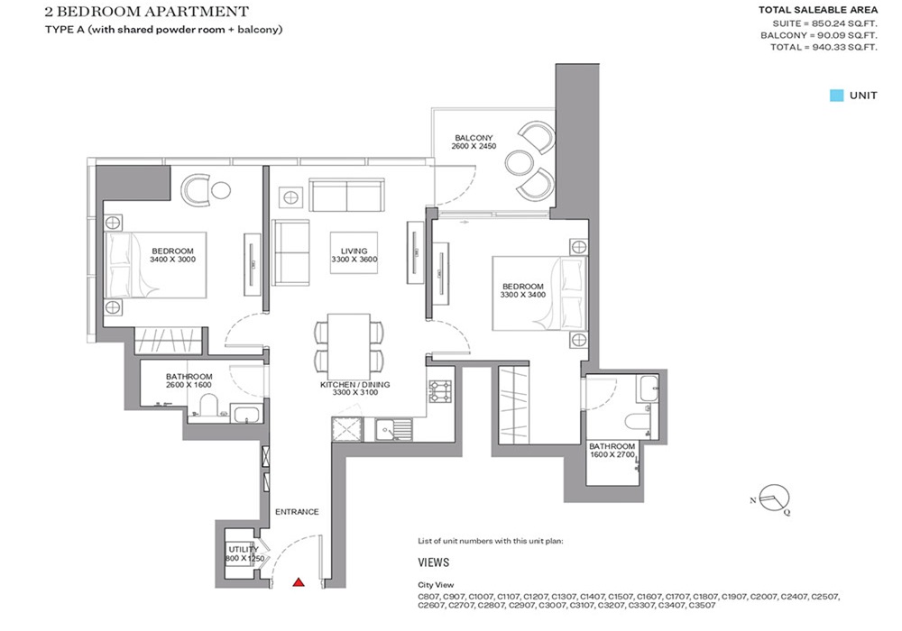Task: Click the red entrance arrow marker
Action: pyautogui.click(x=299, y=583)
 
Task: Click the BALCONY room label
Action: pyautogui.click(x=474, y=138)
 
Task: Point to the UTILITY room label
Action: pyautogui.click(x=244, y=549)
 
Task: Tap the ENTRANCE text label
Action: pyautogui.click(x=297, y=512)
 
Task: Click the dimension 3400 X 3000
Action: pyautogui.click(x=173, y=259)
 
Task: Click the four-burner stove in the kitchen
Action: pyautogui.click(x=440, y=392)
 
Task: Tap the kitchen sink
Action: pyautogui.click(x=391, y=430)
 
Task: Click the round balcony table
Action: pyautogui.click(x=520, y=162)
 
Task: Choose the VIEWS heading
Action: pyautogui.click(x=434, y=561)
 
